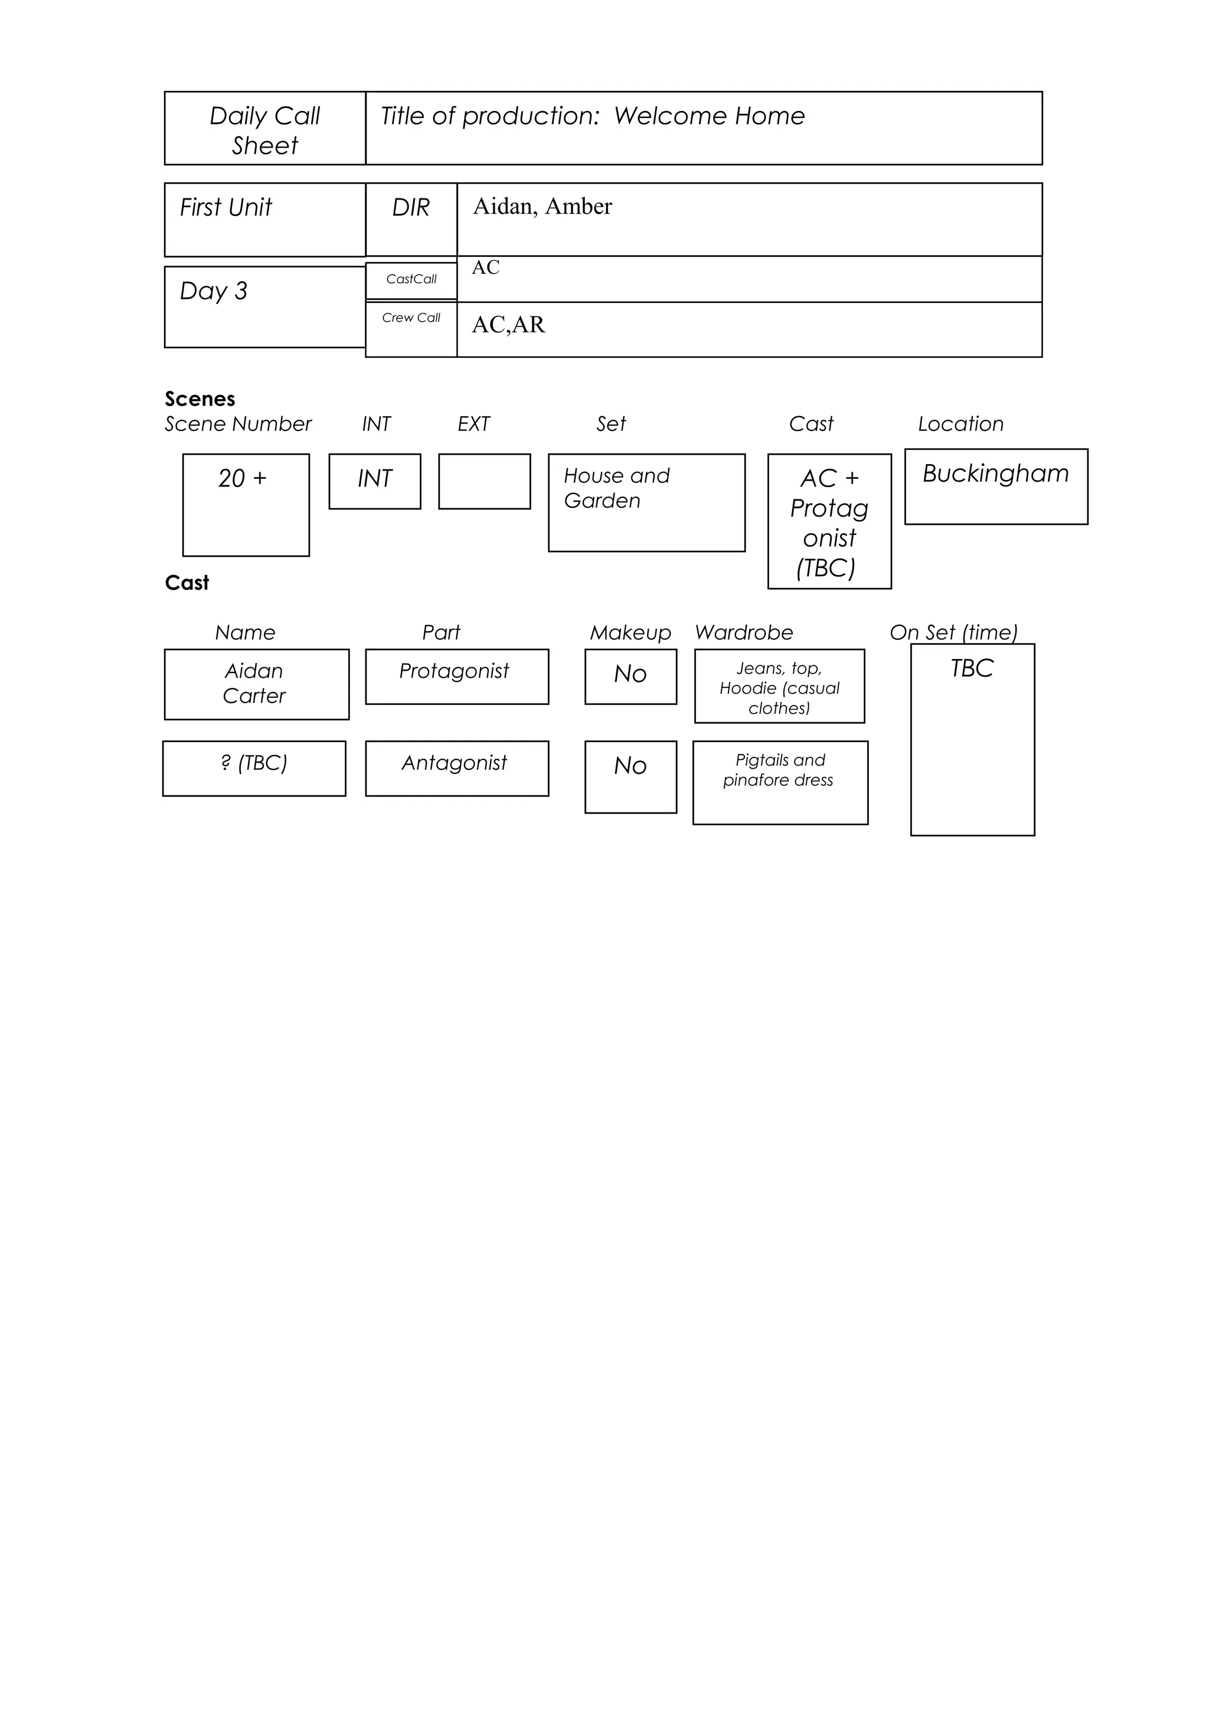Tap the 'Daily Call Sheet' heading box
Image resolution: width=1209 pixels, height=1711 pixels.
point(264,129)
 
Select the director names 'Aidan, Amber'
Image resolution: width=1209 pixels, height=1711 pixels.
point(543,207)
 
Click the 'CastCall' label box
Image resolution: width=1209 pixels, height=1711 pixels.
point(411,279)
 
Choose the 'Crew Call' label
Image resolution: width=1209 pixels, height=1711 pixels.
point(411,318)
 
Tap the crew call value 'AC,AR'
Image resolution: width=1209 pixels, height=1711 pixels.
point(508,325)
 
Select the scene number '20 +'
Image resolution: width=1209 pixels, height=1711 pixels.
point(243,478)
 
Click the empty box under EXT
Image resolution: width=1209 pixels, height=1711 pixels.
point(484,481)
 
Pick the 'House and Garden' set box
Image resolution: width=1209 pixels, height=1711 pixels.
point(646,502)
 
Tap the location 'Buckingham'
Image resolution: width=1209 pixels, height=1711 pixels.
point(995,474)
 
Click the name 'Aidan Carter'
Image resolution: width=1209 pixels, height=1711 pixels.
point(256,683)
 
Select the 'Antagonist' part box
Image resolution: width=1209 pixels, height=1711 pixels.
point(457,768)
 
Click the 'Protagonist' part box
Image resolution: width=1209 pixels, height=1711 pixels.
point(457,676)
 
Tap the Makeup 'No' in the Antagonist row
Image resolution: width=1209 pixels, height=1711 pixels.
point(630,768)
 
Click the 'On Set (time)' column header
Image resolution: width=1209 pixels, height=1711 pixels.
point(953,633)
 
